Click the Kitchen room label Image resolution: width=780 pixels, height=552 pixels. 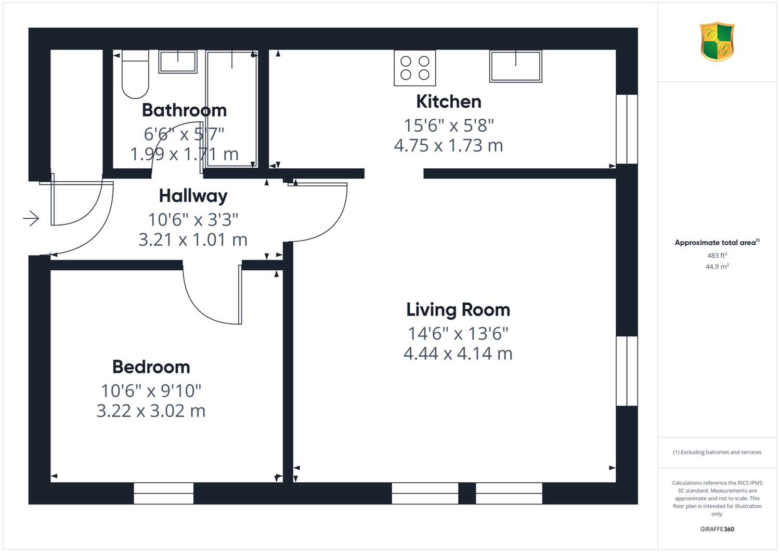click(x=448, y=102)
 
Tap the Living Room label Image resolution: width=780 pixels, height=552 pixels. click(x=458, y=310)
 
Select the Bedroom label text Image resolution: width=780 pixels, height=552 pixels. click(x=151, y=367)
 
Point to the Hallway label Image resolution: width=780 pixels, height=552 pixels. click(x=193, y=196)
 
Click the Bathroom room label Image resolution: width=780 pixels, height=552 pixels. click(x=184, y=110)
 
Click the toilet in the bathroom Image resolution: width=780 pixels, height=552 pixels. click(x=135, y=74)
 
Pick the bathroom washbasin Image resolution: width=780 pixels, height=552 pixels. click(x=178, y=62)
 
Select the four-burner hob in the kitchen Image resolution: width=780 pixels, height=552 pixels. click(x=415, y=68)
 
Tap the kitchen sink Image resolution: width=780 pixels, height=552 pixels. click(x=516, y=66)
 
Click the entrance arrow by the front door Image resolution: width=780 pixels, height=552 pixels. click(x=31, y=219)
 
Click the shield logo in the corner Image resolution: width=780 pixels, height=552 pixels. click(x=717, y=42)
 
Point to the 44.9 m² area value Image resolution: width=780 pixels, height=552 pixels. click(x=717, y=267)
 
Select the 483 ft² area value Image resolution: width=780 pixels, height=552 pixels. click(x=717, y=255)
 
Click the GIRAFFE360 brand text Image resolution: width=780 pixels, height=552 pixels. click(x=717, y=529)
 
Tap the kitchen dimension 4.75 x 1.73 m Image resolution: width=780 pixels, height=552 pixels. click(x=448, y=145)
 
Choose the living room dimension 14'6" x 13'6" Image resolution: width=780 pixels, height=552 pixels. click(x=458, y=333)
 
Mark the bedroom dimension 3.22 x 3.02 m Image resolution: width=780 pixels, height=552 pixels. click(x=151, y=411)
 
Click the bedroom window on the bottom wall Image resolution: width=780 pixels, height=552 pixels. click(x=164, y=494)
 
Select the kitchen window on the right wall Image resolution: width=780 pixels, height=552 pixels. click(x=627, y=129)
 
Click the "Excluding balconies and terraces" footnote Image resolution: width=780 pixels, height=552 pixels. click(x=717, y=452)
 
